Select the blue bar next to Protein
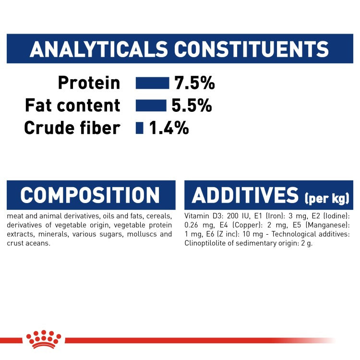pyautogui.click(x=152, y=83)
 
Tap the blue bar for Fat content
pyautogui.click(x=151, y=105)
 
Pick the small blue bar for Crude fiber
pyautogui.click(x=140, y=128)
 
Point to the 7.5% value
pyautogui.click(x=194, y=83)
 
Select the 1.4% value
pyautogui.click(x=168, y=128)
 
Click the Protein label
pyautogui.click(x=89, y=83)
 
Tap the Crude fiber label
pyautogui.click(x=72, y=128)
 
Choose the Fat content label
pyautogui.click(x=72, y=105)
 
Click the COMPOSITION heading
pyautogui.click(x=90, y=195)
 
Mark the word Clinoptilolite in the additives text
pyautogui.click(x=205, y=243)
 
